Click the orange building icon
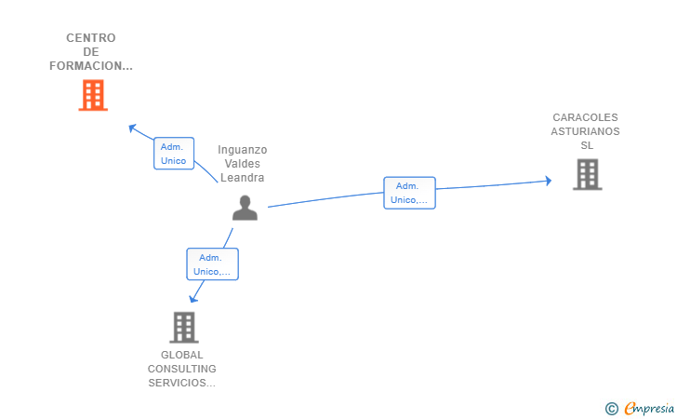[x=93, y=95]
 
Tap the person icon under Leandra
[x=245, y=208]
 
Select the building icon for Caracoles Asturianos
[x=587, y=174]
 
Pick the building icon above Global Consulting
[x=184, y=328]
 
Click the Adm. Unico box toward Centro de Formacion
[x=174, y=154]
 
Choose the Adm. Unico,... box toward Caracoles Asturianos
[x=409, y=193]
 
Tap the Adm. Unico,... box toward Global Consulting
[x=212, y=264]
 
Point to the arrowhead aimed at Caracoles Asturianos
[x=548, y=181]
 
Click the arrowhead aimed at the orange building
[x=133, y=128]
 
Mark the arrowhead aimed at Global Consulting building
[x=193, y=298]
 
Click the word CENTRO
[x=91, y=38]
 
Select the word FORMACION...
[x=86, y=66]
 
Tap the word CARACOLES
[x=585, y=117]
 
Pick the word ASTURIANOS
[x=585, y=131]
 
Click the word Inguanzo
[x=242, y=150]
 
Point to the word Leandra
[x=242, y=178]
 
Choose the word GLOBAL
[x=181, y=355]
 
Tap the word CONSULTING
[x=181, y=369]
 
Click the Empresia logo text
[x=649, y=408]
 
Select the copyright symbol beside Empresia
[x=612, y=409]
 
